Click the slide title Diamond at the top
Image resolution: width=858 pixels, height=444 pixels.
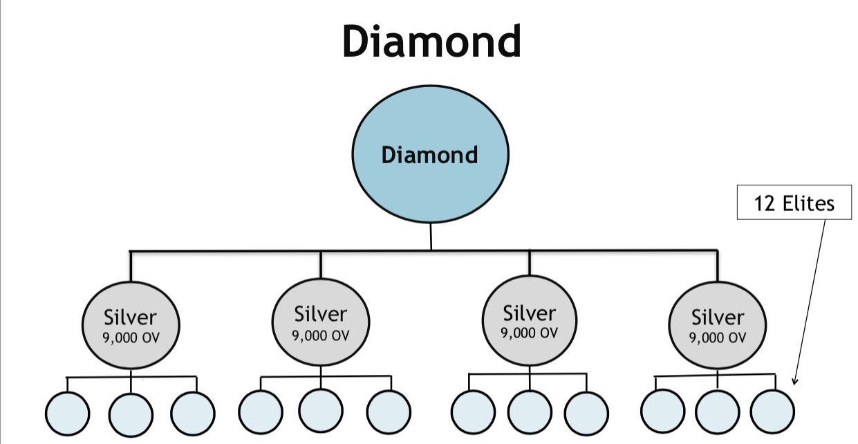pyautogui.click(x=431, y=41)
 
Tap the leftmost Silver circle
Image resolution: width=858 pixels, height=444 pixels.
pyautogui.click(x=131, y=325)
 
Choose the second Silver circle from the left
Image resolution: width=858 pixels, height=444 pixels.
pyautogui.click(x=320, y=322)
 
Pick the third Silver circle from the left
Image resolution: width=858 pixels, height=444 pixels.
pyautogui.click(x=530, y=321)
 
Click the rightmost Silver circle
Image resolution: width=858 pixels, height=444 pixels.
pyautogui.click(x=718, y=325)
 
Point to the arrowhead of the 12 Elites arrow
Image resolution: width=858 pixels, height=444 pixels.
pyautogui.click(x=795, y=381)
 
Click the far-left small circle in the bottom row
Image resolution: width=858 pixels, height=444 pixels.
pyautogui.click(x=67, y=414)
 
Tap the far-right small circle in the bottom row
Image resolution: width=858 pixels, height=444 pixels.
pyautogui.click(x=772, y=411)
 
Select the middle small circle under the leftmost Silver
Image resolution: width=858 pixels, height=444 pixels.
pyautogui.click(x=131, y=414)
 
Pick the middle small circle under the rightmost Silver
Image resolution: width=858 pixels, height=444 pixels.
pyautogui.click(x=717, y=412)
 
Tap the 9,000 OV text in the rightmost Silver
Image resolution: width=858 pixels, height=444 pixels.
pyautogui.click(x=718, y=337)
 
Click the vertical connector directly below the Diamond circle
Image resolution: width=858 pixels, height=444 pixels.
pyautogui.click(x=431, y=236)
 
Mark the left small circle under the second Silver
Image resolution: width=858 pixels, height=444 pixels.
pyautogui.click(x=260, y=412)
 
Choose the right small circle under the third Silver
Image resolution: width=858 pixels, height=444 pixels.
pyautogui.click(x=586, y=414)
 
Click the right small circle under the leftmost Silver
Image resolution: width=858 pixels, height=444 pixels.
pyautogui.click(x=193, y=414)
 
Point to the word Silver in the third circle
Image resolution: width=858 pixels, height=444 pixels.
pyautogui.click(x=530, y=313)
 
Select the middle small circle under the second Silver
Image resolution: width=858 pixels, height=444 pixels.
pyautogui.click(x=321, y=410)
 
